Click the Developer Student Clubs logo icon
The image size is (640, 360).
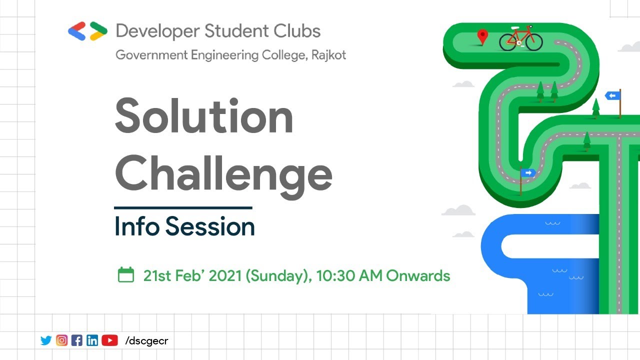click(87, 31)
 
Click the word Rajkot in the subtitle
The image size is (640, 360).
click(328, 54)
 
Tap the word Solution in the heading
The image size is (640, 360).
click(204, 116)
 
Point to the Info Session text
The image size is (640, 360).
click(184, 226)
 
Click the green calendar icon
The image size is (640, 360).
click(126, 274)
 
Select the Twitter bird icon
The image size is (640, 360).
click(46, 340)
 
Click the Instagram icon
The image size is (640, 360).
click(61, 340)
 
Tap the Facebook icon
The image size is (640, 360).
click(77, 340)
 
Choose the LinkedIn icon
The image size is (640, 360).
click(92, 340)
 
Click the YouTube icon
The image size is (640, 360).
click(109, 340)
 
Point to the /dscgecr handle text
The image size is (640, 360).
click(146, 340)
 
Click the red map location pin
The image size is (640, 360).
click(482, 36)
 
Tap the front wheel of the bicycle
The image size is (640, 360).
click(534, 42)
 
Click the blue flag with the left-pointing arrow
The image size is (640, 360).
click(612, 95)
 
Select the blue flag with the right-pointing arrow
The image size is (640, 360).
click(528, 173)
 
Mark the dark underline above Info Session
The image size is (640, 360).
click(183, 207)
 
